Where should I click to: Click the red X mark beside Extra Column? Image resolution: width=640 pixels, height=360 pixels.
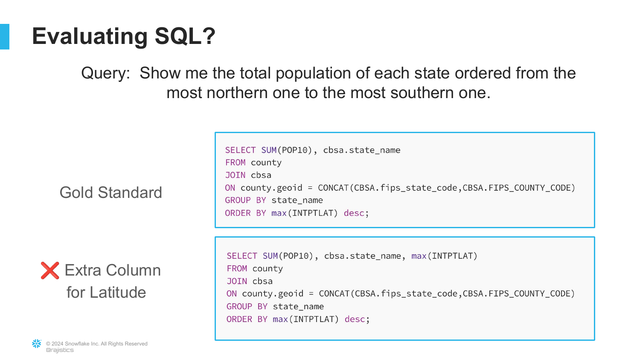click(50, 270)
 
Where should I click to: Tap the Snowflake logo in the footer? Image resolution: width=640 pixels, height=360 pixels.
click(37, 344)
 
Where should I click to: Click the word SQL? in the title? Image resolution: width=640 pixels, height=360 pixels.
click(185, 36)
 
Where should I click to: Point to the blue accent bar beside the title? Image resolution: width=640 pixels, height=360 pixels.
click(5, 37)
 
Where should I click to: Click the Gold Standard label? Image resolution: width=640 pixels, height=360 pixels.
click(111, 192)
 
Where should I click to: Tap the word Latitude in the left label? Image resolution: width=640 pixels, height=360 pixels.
click(118, 292)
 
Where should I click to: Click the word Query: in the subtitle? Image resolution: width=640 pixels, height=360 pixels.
click(106, 73)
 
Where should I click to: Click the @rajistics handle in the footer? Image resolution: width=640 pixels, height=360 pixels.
click(60, 350)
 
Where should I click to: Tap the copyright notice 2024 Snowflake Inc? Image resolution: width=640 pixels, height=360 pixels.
click(96, 344)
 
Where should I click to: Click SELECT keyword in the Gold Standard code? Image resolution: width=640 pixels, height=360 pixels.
click(240, 150)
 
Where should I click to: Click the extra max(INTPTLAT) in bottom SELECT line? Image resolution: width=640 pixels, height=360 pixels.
click(444, 256)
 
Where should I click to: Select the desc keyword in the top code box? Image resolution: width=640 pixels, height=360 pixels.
click(354, 213)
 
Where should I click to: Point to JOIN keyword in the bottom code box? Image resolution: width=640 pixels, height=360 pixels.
click(237, 281)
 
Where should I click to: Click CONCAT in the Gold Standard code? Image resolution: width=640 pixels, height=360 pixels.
click(333, 188)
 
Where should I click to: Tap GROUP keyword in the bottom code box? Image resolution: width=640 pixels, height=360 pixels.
click(239, 307)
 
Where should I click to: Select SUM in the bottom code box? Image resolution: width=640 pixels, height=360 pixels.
click(270, 256)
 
